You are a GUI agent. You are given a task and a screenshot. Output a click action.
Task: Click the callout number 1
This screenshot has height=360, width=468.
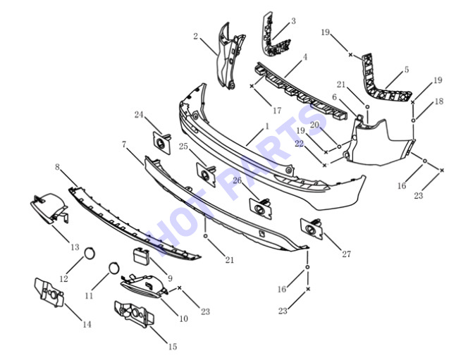tap(267, 126)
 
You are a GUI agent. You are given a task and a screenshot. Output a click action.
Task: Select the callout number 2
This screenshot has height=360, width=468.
tap(195, 37)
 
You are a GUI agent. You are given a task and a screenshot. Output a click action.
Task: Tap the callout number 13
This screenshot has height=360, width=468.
tap(75, 247)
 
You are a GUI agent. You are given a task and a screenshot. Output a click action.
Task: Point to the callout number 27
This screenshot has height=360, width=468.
tap(346, 254)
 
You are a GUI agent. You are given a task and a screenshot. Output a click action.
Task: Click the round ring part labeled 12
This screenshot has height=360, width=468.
tap(90, 254)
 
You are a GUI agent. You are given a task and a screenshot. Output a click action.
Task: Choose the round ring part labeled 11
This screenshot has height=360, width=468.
tap(113, 268)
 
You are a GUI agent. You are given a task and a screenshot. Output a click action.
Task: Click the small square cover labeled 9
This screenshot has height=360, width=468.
tap(140, 256)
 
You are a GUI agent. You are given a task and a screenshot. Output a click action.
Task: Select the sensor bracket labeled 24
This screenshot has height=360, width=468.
tap(162, 142)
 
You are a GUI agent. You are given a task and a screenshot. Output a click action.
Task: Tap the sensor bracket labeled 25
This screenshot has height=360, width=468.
tap(206, 175)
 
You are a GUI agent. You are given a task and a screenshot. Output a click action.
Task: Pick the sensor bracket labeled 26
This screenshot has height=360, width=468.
tap(261, 208)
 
